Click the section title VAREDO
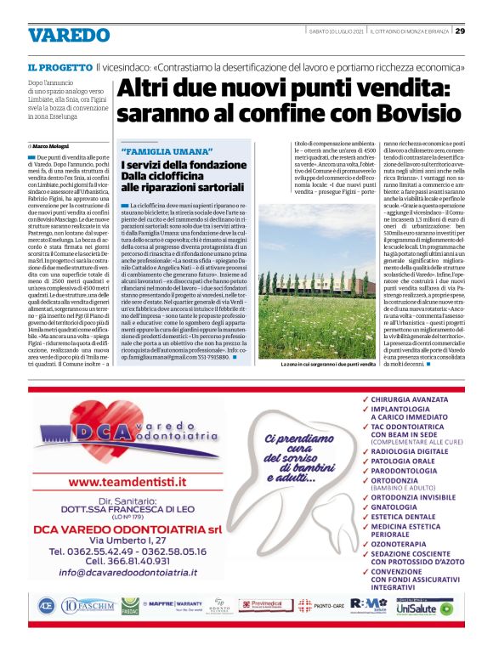(x=69, y=36)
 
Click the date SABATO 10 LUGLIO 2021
(x=335, y=31)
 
